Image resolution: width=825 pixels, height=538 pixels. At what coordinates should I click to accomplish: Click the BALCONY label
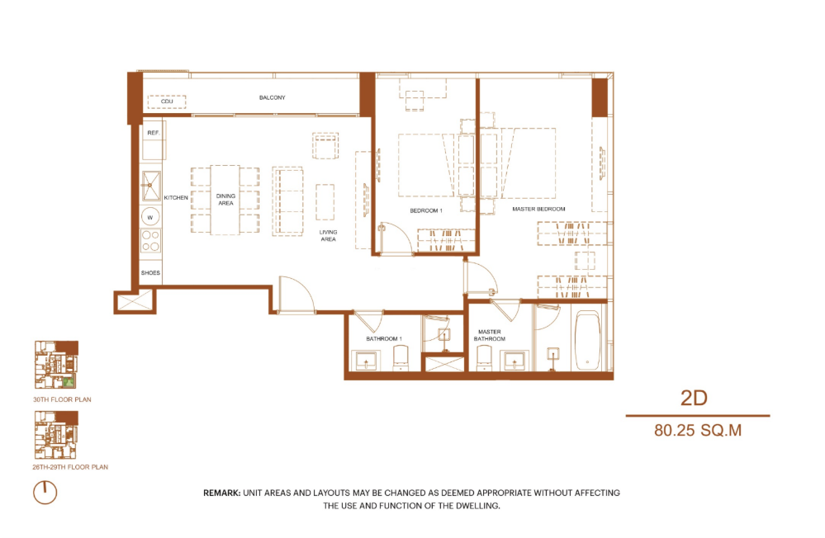point(272,97)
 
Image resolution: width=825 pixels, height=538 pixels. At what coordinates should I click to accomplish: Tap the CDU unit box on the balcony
point(167,101)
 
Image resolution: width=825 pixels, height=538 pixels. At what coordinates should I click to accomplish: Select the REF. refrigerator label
point(153,133)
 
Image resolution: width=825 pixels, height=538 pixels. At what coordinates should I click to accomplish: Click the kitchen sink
point(151,186)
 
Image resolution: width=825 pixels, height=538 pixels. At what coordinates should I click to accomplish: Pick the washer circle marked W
point(150,217)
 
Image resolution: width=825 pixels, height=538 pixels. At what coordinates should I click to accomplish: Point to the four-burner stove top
point(151,241)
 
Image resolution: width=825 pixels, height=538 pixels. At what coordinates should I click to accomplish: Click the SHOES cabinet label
point(150,273)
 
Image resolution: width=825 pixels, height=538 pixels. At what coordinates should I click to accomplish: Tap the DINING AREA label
point(225,200)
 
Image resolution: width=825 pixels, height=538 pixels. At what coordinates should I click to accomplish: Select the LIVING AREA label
point(329,236)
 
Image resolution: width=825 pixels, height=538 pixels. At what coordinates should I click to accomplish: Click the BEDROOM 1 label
point(426,211)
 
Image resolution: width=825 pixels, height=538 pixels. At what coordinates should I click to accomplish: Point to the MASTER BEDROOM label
point(538,209)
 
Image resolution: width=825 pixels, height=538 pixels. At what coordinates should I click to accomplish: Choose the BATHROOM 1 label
point(384,338)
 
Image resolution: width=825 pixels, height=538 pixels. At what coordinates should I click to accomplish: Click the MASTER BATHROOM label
point(490,336)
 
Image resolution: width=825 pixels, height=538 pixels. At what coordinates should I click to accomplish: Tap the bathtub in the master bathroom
point(587,341)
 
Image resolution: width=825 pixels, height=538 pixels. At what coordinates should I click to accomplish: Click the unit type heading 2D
point(694,398)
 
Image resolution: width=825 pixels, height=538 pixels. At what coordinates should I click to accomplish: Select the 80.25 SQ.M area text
point(698,430)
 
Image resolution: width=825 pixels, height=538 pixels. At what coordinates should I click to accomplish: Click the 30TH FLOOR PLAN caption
point(62,399)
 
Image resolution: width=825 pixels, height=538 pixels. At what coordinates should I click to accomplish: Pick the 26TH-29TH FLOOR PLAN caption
point(70,467)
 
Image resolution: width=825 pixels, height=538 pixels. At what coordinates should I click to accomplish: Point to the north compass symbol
point(45,493)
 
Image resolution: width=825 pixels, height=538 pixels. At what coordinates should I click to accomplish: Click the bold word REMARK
point(222,493)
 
